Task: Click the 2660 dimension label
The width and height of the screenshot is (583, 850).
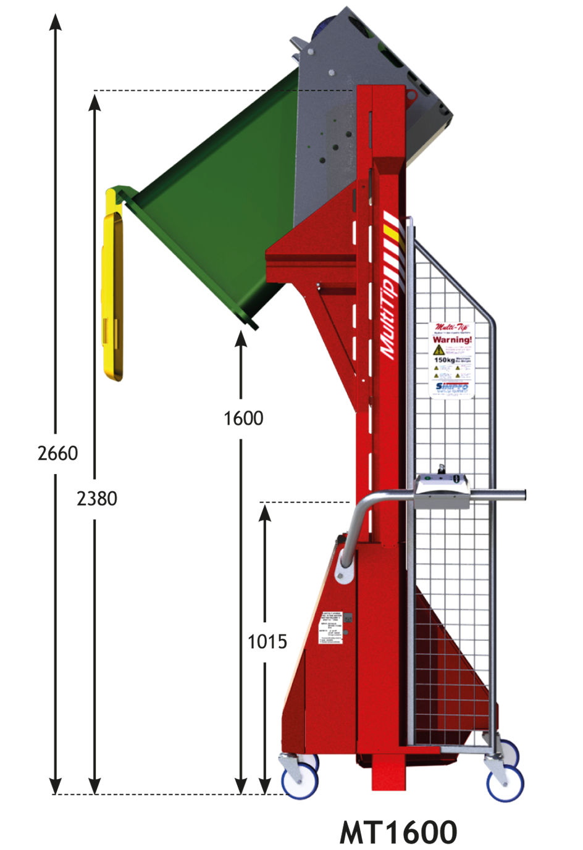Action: click(57, 454)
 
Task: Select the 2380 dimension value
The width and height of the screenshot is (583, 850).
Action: click(96, 498)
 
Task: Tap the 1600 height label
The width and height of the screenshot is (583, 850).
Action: click(243, 419)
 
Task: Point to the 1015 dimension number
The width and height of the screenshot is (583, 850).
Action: click(267, 642)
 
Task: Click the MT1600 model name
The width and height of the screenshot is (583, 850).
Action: click(398, 831)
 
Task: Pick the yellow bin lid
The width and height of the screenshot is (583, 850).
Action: click(113, 284)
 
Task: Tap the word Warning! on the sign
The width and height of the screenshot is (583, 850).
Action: click(452, 340)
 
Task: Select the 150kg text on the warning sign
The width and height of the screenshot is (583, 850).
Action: click(444, 360)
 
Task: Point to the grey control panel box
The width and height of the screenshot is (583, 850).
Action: click(443, 491)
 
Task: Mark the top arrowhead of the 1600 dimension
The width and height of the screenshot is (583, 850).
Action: click(241, 338)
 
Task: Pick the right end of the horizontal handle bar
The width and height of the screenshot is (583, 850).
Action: click(522, 494)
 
